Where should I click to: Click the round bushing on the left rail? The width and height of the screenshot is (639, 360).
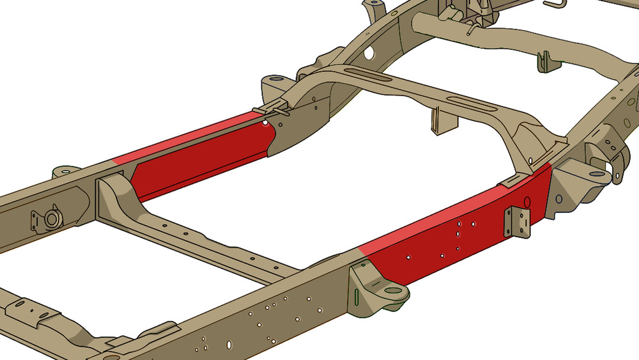tap(51, 220)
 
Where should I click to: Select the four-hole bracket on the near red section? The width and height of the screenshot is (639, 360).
tap(517, 223)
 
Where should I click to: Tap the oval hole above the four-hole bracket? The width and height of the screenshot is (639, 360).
tap(527, 203)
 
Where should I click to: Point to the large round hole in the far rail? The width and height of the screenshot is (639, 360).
tap(369, 53)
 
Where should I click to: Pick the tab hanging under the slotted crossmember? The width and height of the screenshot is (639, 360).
tap(436, 120)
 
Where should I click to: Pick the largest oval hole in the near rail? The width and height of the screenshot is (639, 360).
tap(229, 344)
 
